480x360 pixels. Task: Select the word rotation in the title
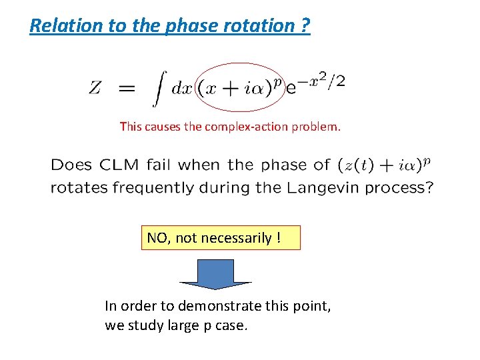coord(257,26)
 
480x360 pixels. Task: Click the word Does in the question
coord(71,165)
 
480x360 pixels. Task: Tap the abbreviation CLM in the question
coord(117,165)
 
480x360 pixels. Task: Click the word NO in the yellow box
coord(157,238)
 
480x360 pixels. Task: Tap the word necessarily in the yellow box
coord(235,238)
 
